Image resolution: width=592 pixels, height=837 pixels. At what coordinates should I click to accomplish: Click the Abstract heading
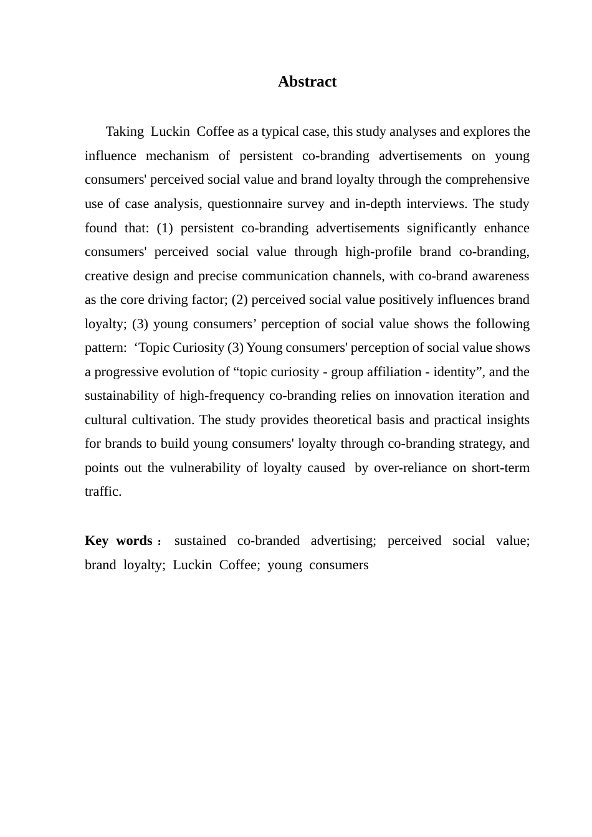click(307, 82)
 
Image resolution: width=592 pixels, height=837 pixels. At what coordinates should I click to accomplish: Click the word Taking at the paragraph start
click(125, 131)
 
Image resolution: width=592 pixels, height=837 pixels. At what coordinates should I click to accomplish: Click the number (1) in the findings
click(165, 228)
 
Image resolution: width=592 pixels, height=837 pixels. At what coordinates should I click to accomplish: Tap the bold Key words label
click(119, 541)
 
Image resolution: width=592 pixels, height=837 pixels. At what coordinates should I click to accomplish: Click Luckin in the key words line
click(193, 565)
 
